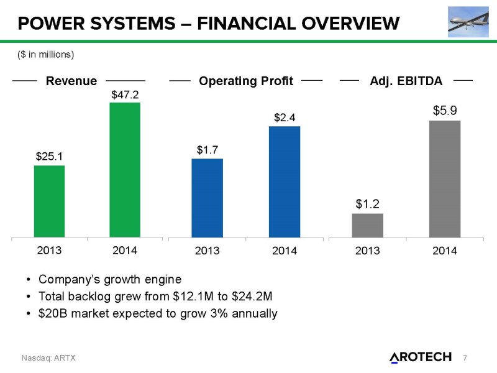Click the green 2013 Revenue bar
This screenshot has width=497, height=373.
49,201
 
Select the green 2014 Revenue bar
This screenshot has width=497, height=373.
125,169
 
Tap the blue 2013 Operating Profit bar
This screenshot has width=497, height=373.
207,198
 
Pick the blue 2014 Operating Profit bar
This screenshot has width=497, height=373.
284,182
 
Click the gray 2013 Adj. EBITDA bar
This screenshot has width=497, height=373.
367,225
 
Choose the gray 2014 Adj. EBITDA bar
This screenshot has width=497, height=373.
444,178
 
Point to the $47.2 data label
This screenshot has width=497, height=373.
125,94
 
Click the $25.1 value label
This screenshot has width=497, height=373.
49,157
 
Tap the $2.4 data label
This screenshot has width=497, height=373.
285,117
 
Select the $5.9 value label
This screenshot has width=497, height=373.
445,111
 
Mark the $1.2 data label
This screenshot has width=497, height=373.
368,203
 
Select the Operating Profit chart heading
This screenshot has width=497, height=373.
245,81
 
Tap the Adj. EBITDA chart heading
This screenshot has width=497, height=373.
406,81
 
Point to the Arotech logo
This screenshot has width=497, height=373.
420,356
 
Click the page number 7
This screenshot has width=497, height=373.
465,357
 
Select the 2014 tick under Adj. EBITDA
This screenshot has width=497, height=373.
444,251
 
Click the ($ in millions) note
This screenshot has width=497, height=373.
45,55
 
